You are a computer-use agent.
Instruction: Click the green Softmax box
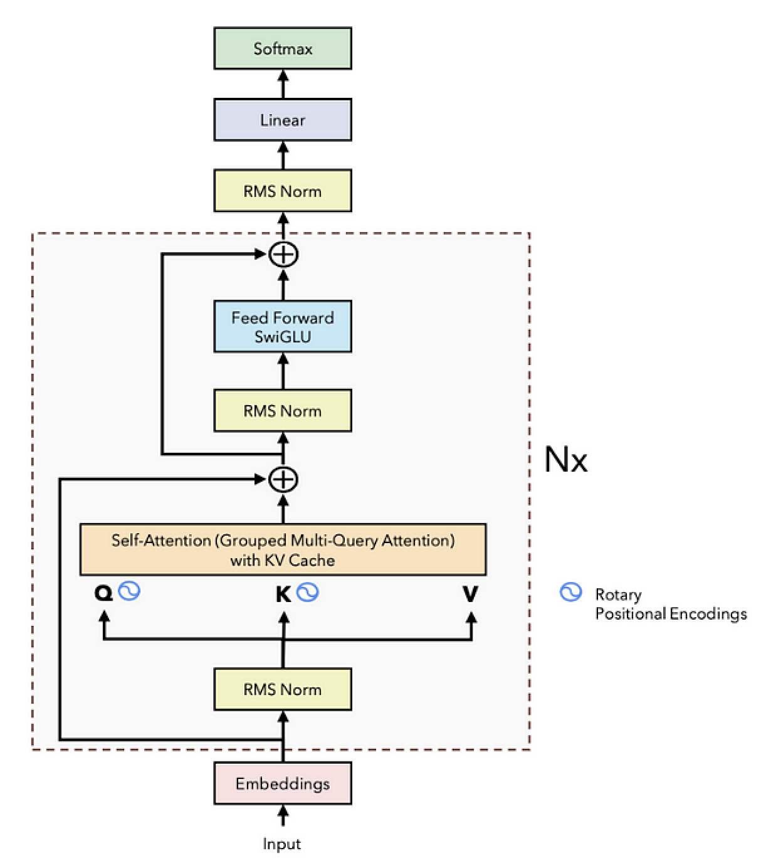click(x=282, y=48)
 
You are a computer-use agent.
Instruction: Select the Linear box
click(x=282, y=120)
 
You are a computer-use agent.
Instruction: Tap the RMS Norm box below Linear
click(x=282, y=191)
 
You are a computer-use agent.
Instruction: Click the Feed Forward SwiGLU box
click(x=282, y=327)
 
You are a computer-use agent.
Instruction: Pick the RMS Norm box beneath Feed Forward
click(x=282, y=411)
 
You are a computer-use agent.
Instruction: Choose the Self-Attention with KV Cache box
click(x=283, y=550)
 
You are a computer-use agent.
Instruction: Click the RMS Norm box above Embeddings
click(x=282, y=689)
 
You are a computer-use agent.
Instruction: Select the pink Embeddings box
click(x=282, y=783)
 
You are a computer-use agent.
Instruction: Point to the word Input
click(x=281, y=844)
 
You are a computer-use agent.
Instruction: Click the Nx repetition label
click(x=565, y=460)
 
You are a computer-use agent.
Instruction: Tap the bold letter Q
click(x=103, y=593)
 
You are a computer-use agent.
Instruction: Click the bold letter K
click(x=283, y=594)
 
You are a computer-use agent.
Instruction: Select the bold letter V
click(x=470, y=593)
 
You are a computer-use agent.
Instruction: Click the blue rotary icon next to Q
click(x=129, y=591)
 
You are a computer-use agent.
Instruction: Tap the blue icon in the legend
click(x=570, y=592)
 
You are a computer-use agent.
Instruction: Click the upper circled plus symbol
click(x=283, y=255)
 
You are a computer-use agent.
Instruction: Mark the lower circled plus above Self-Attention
click(x=283, y=480)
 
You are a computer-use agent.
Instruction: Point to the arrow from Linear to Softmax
click(x=283, y=83)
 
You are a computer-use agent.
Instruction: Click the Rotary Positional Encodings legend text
click(x=670, y=604)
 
